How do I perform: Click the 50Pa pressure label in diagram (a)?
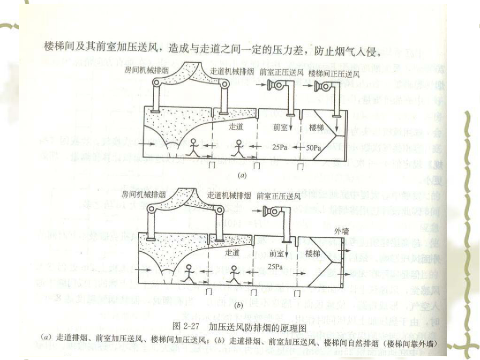pyautogui.click(x=313, y=147)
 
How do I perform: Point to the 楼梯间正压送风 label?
pyautogui.click(x=333, y=73)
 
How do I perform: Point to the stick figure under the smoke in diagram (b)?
pyautogui.click(x=189, y=274)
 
